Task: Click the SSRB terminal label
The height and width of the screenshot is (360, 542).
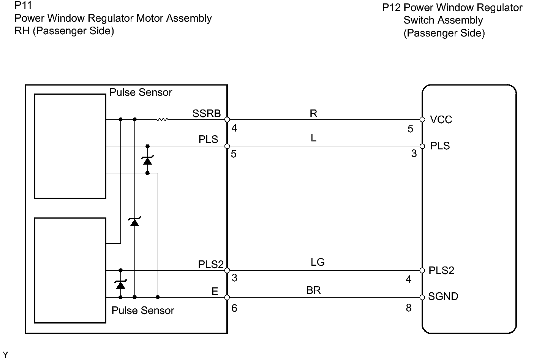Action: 206,114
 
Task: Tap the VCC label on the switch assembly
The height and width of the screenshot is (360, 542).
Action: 441,120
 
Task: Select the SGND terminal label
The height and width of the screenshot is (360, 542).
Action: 443,297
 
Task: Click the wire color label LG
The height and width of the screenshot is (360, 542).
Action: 318,262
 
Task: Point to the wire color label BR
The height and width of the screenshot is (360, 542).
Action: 313,290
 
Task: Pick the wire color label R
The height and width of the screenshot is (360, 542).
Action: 313,114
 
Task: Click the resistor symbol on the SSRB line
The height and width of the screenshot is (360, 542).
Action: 162,120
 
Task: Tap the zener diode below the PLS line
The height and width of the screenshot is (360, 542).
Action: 147,160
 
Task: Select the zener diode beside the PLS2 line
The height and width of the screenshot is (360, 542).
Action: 121,284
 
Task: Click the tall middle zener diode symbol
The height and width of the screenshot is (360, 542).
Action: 134,222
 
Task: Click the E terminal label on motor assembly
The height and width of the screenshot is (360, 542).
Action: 215,292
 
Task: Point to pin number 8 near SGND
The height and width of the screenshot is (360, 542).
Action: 408,308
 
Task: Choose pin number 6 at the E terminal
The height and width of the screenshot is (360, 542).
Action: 234,308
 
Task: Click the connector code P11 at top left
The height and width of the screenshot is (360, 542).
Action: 23,6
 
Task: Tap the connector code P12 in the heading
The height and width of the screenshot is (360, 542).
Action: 391,8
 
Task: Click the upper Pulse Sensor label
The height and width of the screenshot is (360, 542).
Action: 141,92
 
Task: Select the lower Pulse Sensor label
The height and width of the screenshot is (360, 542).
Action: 143,311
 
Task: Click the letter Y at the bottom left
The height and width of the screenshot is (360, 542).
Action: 5,355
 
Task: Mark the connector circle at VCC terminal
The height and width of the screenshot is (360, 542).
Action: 422,120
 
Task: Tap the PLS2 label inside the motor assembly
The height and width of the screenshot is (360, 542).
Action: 211,265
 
